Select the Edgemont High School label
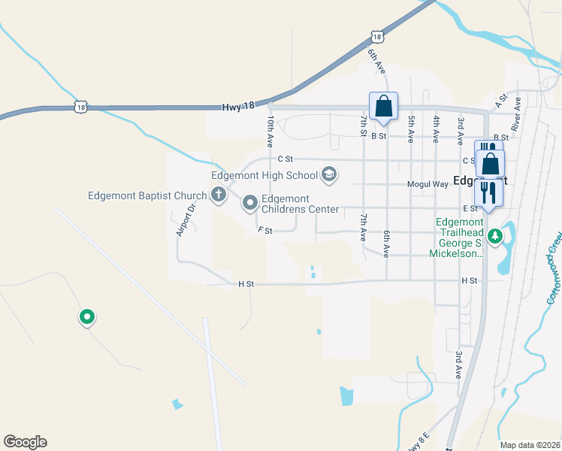click(x=264, y=176)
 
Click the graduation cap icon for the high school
click(x=328, y=176)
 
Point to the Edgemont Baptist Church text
click(x=147, y=196)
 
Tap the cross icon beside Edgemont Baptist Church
click(x=219, y=196)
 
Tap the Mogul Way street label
click(x=428, y=183)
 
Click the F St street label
click(x=264, y=230)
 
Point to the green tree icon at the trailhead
click(x=494, y=238)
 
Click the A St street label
click(x=502, y=98)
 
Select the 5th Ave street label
click(x=411, y=129)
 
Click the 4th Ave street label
click(x=436, y=129)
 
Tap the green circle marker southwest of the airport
click(x=87, y=318)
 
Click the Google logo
click(x=25, y=442)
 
